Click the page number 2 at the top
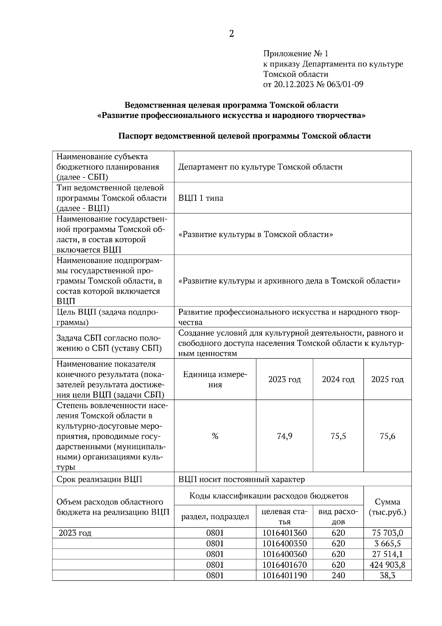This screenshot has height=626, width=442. pos(231,34)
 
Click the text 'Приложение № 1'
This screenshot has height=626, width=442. pos(295,54)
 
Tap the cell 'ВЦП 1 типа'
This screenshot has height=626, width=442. pos(201,198)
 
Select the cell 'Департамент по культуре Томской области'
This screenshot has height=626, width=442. pos(260,167)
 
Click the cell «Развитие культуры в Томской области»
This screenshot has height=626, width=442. pos(256,234)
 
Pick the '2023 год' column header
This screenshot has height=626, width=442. pos(284,379)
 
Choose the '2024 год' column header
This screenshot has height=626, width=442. pos(338,379)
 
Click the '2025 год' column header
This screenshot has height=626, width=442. pos(387,379)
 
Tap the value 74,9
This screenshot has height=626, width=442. pos(284,437)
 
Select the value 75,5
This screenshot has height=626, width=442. pos(338,437)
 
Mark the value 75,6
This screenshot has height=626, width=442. pos(387,437)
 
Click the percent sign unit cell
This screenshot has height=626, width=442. pos(215,437)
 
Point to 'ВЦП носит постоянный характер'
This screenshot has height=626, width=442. pos(242,480)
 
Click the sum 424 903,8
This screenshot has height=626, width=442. pos(387,565)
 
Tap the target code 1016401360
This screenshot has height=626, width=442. pos(284,533)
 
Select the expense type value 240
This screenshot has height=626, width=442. pos(338,575)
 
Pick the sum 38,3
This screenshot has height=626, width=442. pos(387,575)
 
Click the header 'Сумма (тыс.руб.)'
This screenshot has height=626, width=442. pos(387,507)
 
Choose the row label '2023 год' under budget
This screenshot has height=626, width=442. pos(75,533)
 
